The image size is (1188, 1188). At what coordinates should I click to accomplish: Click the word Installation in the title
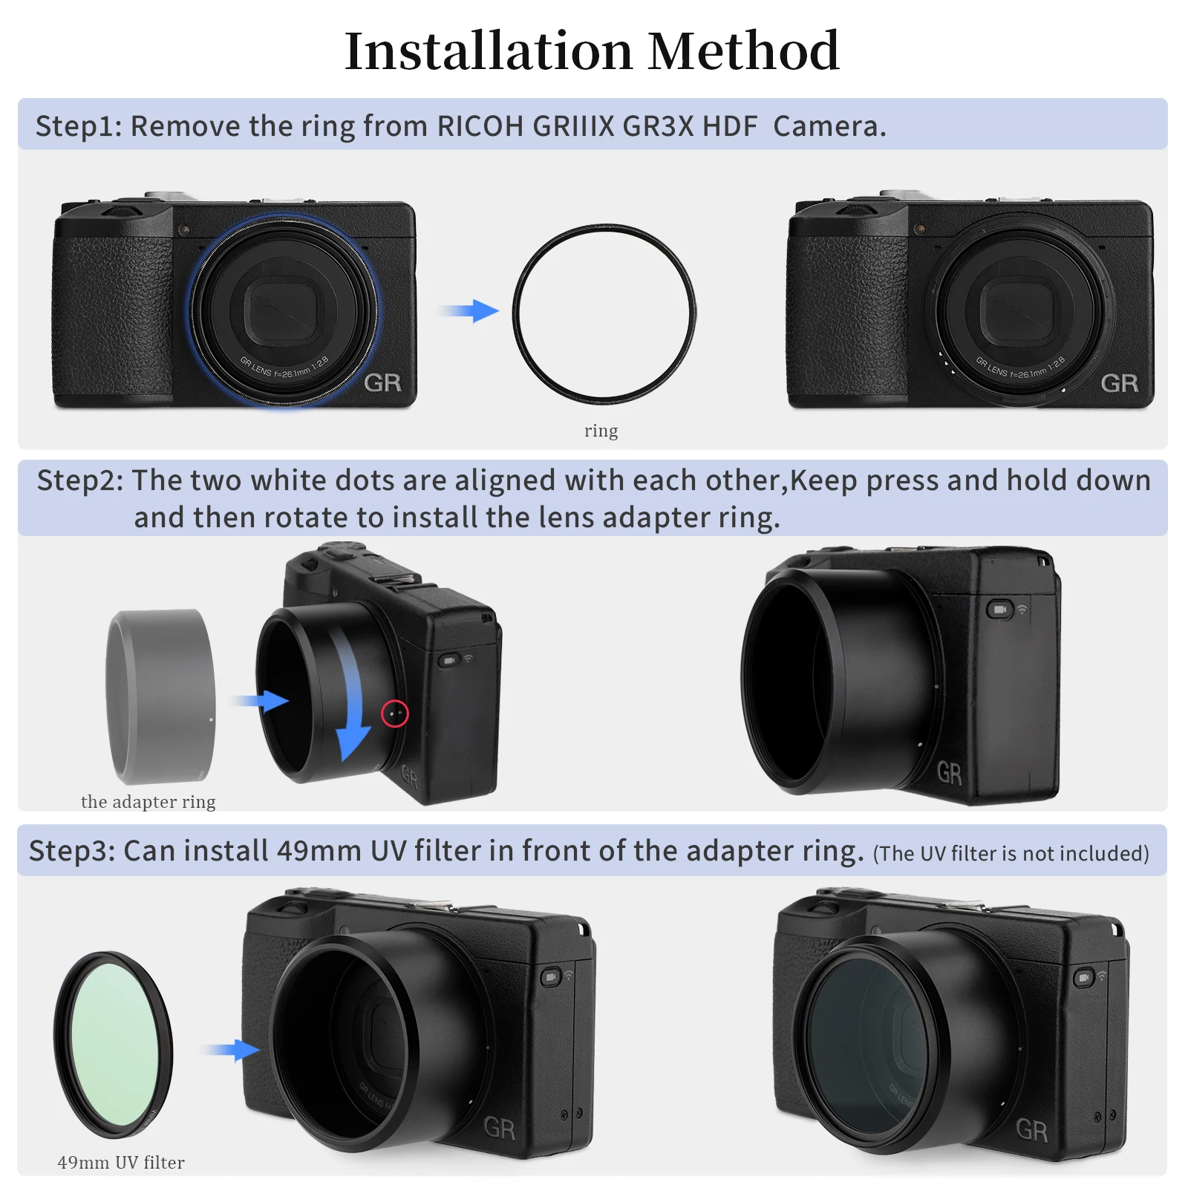489,52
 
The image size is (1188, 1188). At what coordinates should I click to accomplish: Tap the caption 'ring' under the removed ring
601,431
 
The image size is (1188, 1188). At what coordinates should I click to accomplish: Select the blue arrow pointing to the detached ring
472,310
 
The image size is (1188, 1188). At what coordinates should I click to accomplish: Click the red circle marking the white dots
395,714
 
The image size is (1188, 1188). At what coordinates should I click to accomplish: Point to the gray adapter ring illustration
161,696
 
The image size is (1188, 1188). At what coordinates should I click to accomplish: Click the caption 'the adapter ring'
148,802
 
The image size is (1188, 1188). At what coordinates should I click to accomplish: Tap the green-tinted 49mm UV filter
114,1044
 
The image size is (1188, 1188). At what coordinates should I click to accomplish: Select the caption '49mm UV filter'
121,1163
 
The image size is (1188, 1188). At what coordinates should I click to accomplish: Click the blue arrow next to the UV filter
233,1049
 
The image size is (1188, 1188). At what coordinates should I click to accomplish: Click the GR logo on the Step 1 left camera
382,383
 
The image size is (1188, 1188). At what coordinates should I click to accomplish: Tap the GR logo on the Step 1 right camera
1119,383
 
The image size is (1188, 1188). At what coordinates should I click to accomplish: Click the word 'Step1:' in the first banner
78,126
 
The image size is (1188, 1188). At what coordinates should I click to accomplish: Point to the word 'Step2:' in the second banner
80,481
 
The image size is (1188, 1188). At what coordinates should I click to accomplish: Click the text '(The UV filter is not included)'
1011,854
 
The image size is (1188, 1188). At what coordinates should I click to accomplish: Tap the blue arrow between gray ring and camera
261,700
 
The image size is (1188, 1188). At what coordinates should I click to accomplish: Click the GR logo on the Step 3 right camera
1031,1130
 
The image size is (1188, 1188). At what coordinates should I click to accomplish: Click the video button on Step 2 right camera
999,610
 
